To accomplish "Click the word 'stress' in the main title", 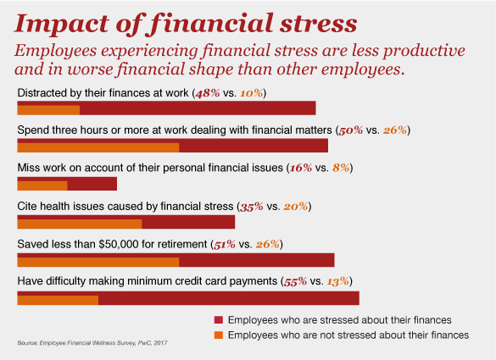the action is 318,24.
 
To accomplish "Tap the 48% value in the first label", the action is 208,93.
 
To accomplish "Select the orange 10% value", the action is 252,93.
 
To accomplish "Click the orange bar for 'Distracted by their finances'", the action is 48,110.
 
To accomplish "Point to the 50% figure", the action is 350,130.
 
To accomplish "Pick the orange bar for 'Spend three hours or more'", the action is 98,147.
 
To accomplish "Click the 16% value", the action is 301,168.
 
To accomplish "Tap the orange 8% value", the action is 341,168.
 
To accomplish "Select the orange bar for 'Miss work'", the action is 42,186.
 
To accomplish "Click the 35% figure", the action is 252,207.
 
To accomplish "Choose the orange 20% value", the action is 296,207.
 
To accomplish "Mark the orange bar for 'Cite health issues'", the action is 80,224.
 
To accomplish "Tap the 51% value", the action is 225,245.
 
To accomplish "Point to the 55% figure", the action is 295,281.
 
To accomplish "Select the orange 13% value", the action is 338,281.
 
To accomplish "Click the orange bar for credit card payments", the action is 58,300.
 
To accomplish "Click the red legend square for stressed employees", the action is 219,320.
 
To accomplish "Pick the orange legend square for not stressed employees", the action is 219,335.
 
